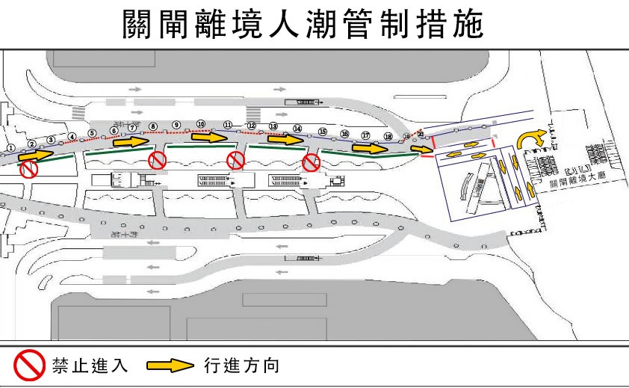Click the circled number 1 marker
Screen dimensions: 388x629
[x=11, y=147]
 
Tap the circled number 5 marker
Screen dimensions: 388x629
[x=92, y=134]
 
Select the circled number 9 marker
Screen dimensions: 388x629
[x=176, y=124]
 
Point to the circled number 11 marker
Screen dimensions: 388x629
[x=228, y=125]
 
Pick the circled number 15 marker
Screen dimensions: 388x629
[x=323, y=132]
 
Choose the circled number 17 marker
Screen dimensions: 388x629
[x=365, y=135]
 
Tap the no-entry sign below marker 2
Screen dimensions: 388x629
[x=28, y=170]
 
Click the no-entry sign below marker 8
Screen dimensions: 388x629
[x=157, y=160]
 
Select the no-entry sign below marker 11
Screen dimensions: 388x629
[x=235, y=160]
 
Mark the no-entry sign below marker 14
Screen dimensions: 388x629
[x=312, y=163]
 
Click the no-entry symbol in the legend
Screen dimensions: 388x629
[x=31, y=366]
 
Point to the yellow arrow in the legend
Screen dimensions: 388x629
[x=170, y=366]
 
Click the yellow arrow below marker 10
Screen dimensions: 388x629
[x=209, y=138]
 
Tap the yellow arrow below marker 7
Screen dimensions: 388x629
[x=131, y=141]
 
